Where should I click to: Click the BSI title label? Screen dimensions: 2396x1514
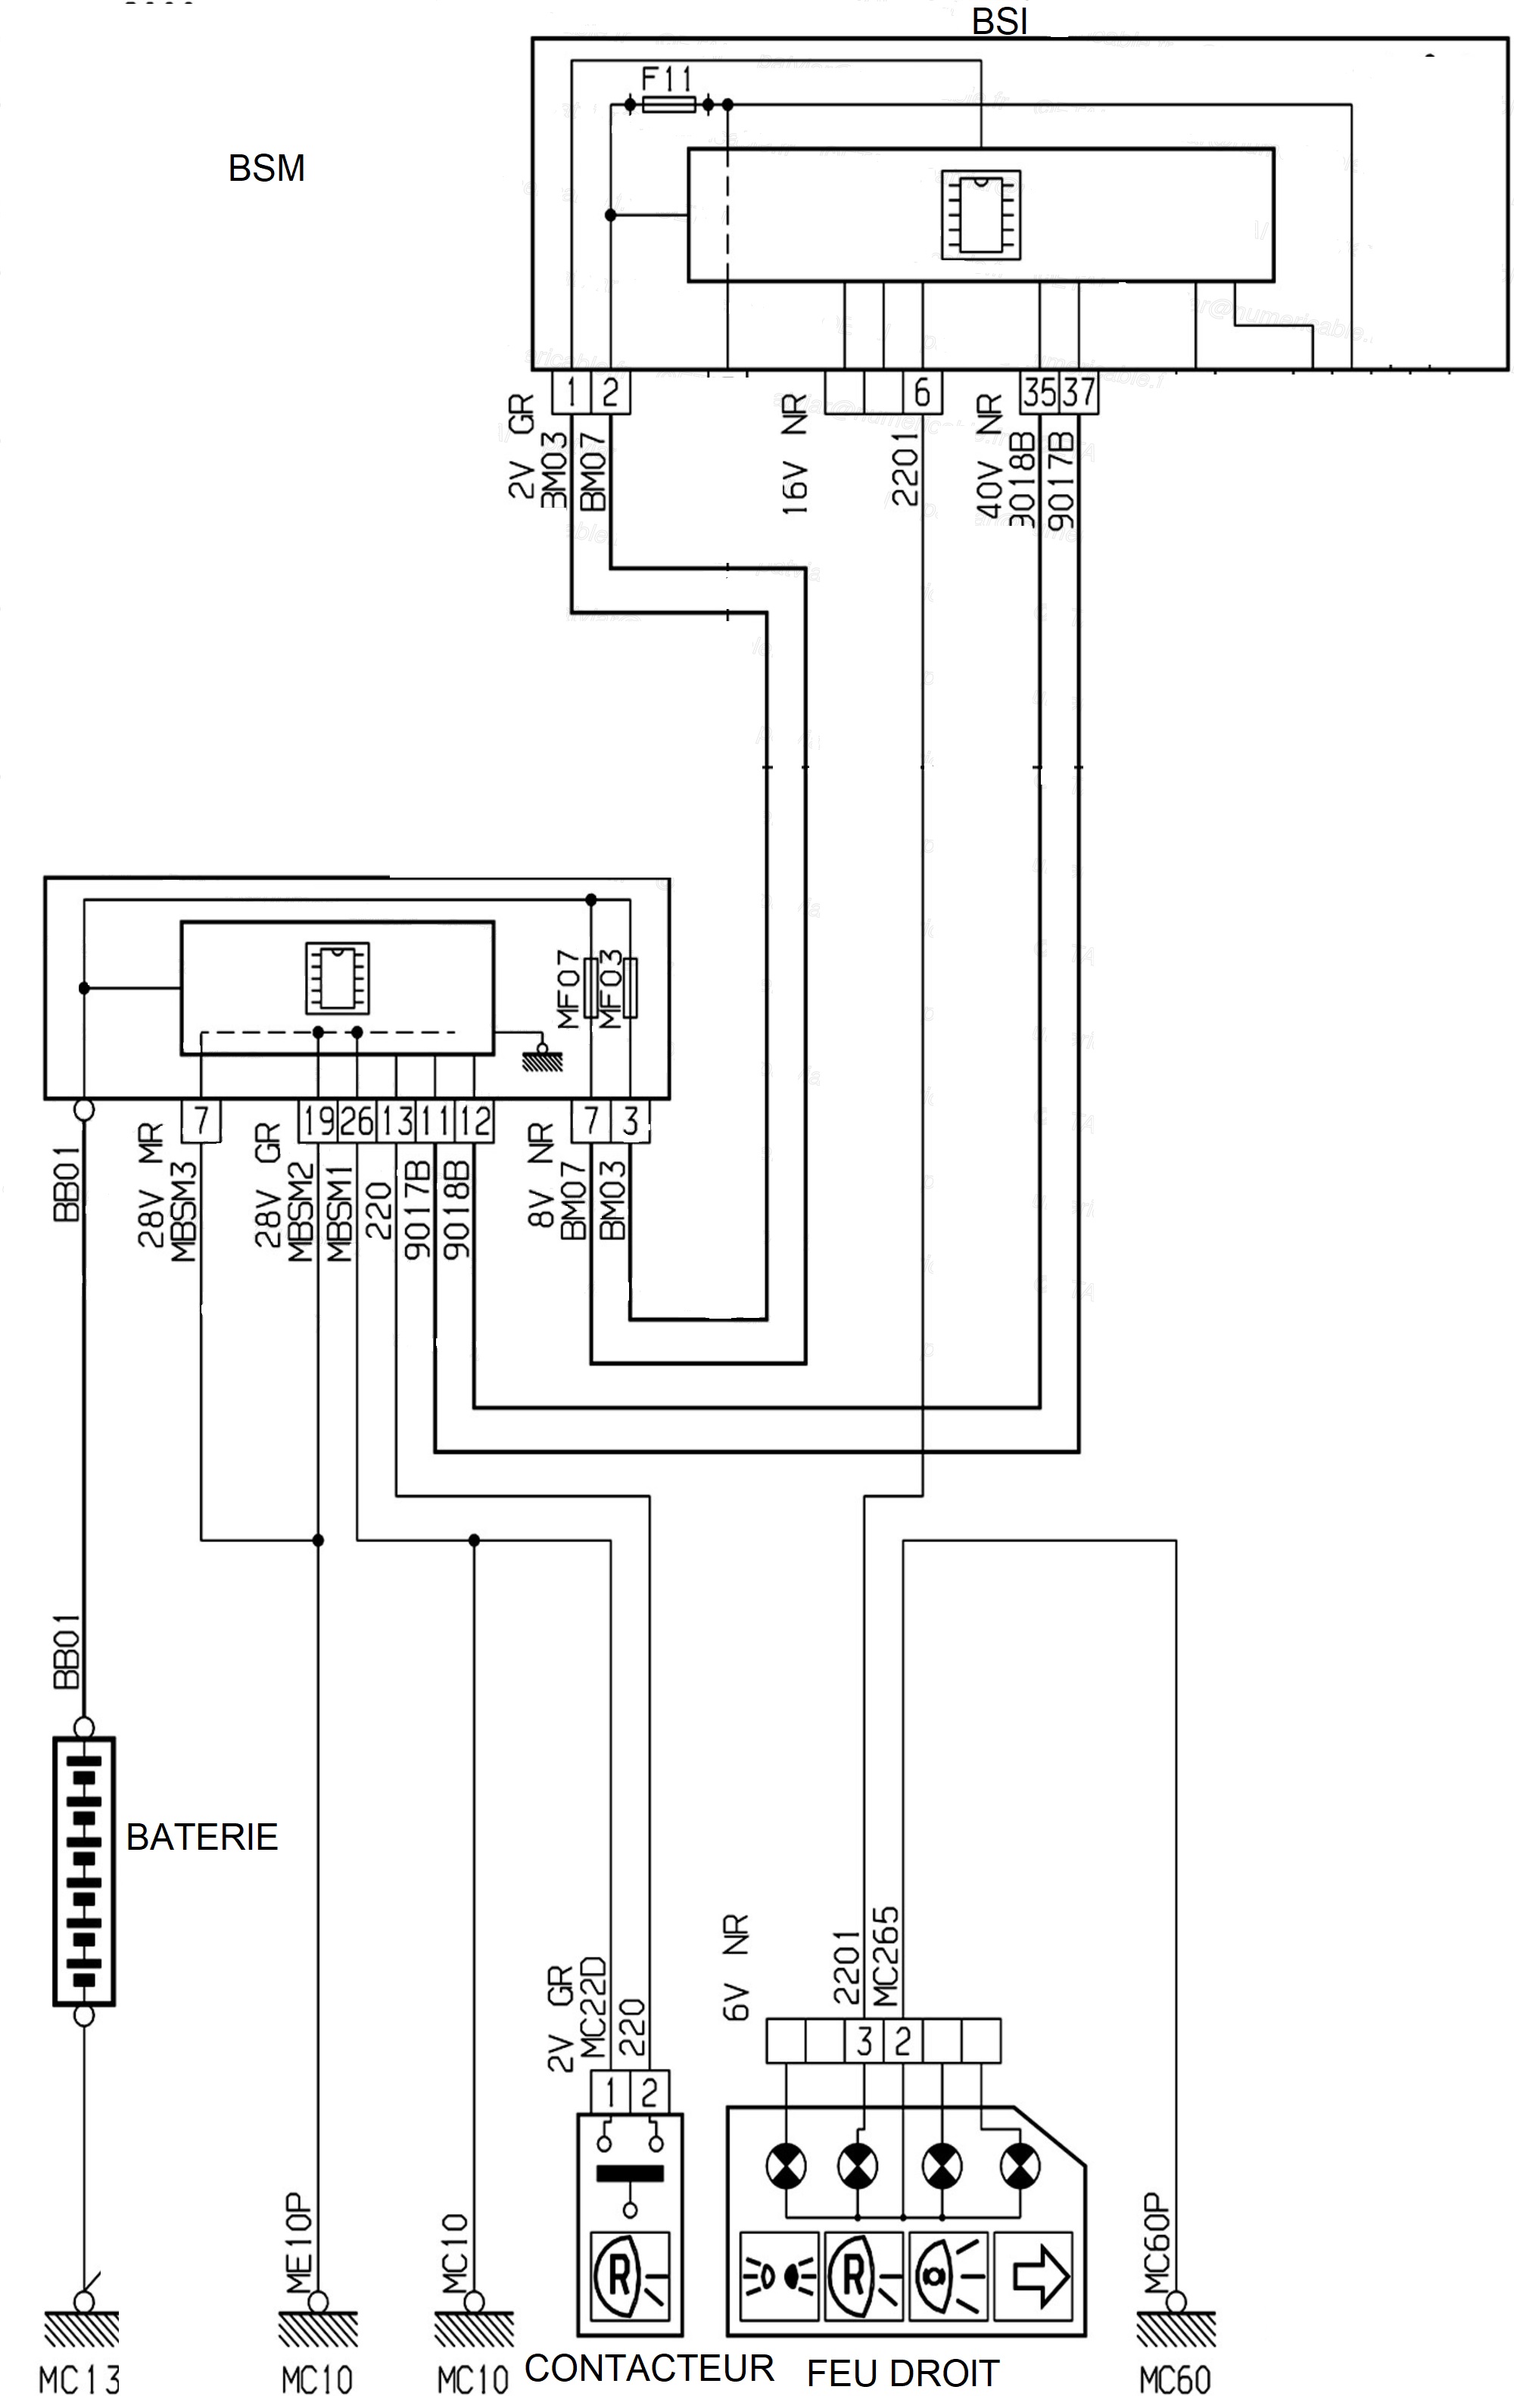point(998,22)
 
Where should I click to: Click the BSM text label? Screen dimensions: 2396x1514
point(266,168)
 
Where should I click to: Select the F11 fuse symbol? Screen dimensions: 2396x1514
point(668,104)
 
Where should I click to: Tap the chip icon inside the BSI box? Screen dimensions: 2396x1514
point(980,215)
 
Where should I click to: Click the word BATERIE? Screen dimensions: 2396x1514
point(202,1837)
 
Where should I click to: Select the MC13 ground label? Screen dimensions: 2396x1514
point(79,2379)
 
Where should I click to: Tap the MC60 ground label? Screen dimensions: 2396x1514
point(1175,2379)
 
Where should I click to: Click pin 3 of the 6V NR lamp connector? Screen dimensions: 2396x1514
point(863,2040)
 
